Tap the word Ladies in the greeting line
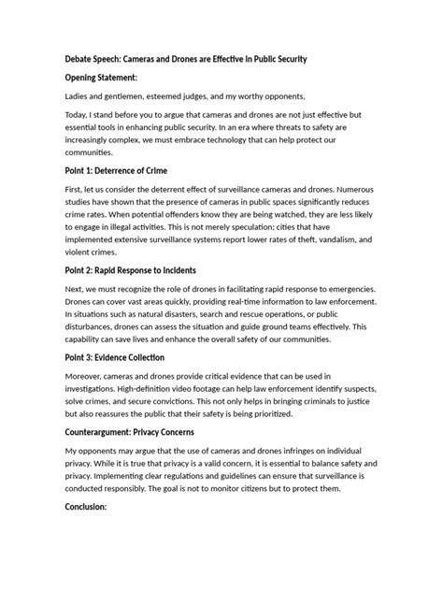click(79, 96)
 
